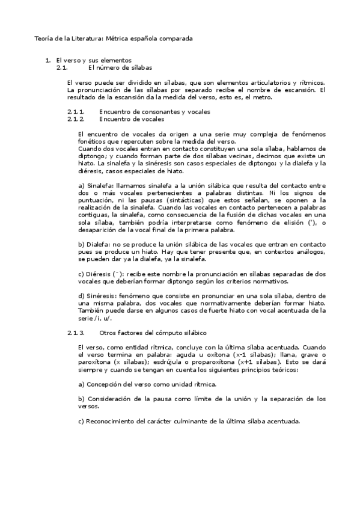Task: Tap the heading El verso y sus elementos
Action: (x=93, y=61)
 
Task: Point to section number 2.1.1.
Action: (x=76, y=112)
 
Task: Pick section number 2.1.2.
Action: (x=76, y=119)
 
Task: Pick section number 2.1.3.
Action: (x=76, y=333)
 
